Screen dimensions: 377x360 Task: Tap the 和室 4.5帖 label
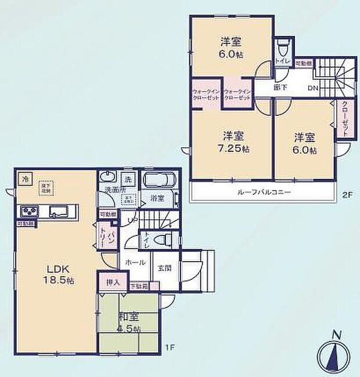128,322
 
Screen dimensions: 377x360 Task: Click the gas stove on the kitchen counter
29,211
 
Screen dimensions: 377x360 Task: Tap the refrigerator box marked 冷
24,179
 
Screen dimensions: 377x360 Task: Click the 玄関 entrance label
163,268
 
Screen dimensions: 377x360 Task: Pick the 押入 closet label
113,282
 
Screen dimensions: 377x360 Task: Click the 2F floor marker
347,195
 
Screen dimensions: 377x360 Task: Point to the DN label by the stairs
312,89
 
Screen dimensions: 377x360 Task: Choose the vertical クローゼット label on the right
344,119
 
